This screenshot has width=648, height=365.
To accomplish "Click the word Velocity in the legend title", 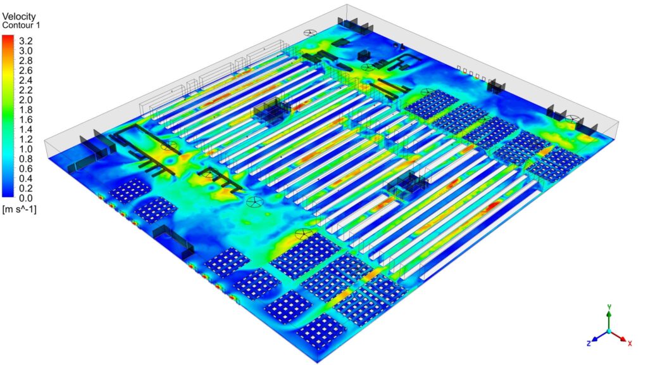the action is [x=19, y=16].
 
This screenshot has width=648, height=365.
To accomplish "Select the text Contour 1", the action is [x=21, y=25].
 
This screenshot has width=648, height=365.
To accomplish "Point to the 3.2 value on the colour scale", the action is [x=25, y=41].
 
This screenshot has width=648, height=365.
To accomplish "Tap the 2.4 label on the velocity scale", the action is [x=25, y=80].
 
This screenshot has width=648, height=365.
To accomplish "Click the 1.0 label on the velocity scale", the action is [x=25, y=149].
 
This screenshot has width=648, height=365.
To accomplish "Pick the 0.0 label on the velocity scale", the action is [x=25, y=198].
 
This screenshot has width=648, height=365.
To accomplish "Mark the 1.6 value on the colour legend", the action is [x=25, y=120].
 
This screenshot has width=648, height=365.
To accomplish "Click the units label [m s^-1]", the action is [x=20, y=209].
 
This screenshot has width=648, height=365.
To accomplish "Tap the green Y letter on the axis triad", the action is [x=609, y=307].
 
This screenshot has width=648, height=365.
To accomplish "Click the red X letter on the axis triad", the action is [x=630, y=343].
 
